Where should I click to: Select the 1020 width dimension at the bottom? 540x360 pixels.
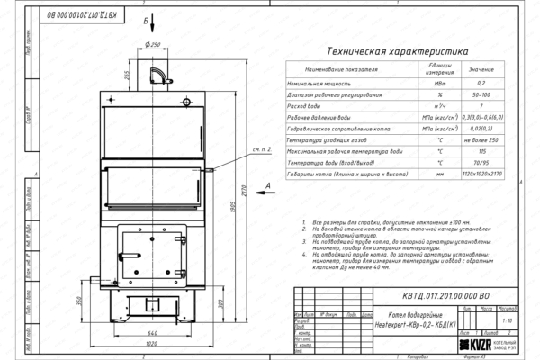pyautogui.click(x=157, y=344)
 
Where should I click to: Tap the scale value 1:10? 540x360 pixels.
pyautogui.click(x=509, y=319)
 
